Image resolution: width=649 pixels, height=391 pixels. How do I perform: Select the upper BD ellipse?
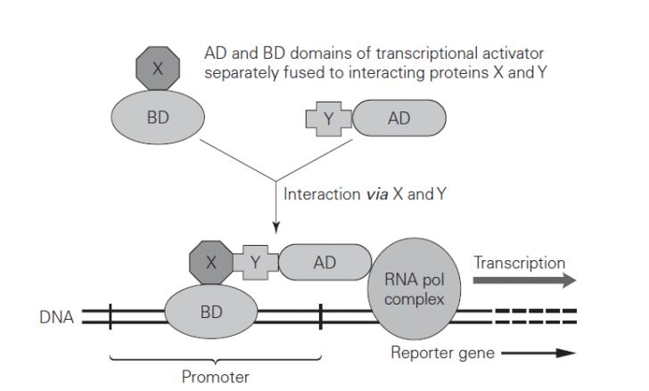(157, 117)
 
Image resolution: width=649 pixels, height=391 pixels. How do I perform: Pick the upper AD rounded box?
(399, 118)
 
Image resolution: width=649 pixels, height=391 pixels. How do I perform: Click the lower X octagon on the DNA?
(211, 263)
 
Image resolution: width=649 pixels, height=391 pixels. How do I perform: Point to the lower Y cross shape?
(255, 263)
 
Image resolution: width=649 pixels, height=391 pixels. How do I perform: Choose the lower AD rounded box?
(324, 263)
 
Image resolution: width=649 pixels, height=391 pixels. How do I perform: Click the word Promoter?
(215, 377)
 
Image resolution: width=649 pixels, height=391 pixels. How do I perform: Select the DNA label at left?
(55, 315)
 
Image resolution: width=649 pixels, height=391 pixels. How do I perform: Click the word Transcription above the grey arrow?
(519, 263)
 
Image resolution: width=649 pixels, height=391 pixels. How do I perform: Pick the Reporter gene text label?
(442, 353)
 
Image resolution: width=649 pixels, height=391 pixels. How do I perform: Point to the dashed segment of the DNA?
(535, 315)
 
